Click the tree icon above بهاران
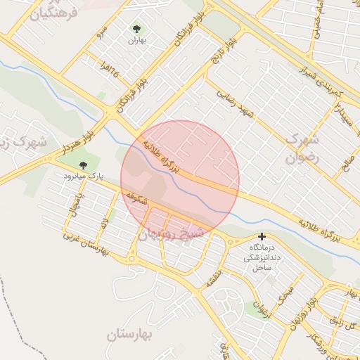[136, 29]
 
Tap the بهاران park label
[135, 41]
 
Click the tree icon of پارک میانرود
[84, 165]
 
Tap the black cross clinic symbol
[262, 237]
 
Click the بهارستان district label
[131, 335]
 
